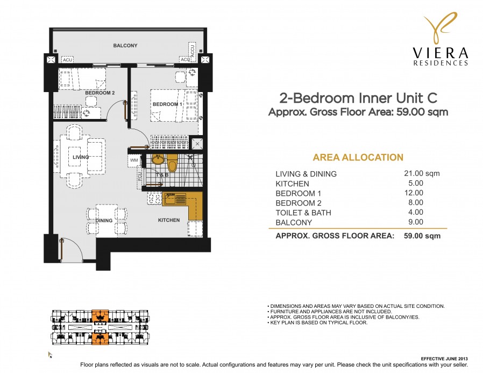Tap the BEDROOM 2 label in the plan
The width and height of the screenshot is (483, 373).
click(100, 93)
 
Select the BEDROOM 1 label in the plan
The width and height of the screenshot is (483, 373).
click(165, 104)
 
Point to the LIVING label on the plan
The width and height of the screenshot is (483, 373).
click(81, 157)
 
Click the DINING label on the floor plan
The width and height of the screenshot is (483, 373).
click(104, 220)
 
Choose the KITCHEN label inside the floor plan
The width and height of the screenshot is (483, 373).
click(168, 220)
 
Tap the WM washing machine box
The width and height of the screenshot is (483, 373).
click(133, 160)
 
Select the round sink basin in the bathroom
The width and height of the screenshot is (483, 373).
click(158, 159)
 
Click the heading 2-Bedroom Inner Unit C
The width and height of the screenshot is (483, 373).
click(358, 98)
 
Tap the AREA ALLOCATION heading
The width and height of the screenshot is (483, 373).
click(358, 158)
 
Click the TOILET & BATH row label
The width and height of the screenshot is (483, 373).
click(303, 213)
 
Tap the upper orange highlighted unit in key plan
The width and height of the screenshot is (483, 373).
click(100, 315)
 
